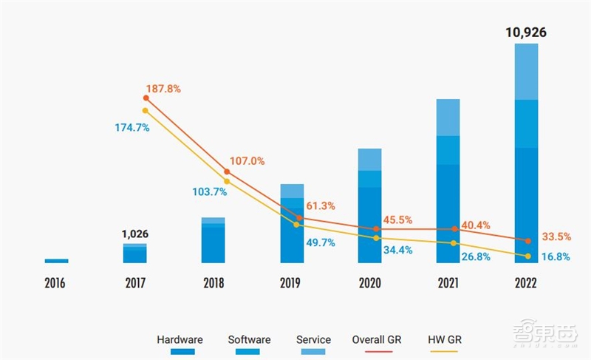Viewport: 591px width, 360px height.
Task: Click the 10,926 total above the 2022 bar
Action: click(526, 32)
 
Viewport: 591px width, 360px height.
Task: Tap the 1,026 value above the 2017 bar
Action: click(134, 234)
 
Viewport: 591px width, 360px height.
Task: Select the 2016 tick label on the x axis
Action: click(56, 283)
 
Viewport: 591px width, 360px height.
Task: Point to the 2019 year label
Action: click(291, 283)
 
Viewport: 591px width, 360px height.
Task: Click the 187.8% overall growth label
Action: click(163, 89)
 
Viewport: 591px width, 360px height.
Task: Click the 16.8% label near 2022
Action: click(553, 257)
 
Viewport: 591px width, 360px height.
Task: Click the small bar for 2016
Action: click(56, 260)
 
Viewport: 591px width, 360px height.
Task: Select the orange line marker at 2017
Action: click(145, 98)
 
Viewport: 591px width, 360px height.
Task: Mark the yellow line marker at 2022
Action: click(527, 256)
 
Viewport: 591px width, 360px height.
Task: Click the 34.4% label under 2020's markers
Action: click(397, 250)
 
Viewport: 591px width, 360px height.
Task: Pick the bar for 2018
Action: click(213, 241)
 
